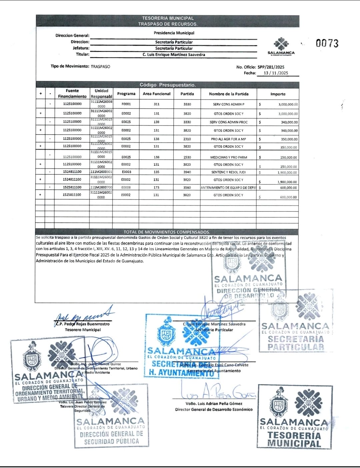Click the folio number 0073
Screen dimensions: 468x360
pos(327,43)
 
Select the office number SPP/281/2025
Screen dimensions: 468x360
pos(271,67)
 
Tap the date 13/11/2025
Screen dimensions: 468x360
pos(276,73)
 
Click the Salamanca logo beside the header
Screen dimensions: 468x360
pos(281,47)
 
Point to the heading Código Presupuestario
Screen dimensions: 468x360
pos(167,85)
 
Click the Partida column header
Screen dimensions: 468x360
pos(187,94)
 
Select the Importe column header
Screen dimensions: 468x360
pos(278,94)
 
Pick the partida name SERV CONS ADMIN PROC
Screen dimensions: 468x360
pos(228,122)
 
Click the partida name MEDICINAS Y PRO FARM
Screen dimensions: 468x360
pos(228,157)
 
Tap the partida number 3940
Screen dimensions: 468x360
pos(187,172)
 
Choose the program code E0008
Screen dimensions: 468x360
pos(126,188)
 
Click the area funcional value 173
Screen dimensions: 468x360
pos(156,188)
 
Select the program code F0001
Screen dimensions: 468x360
pos(126,104)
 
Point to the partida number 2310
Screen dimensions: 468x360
pos(187,139)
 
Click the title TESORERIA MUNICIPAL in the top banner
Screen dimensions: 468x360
pos(168,18)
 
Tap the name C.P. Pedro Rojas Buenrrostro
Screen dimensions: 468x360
pos(82,324)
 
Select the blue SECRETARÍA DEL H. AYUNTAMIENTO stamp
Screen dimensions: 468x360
pos(182,347)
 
